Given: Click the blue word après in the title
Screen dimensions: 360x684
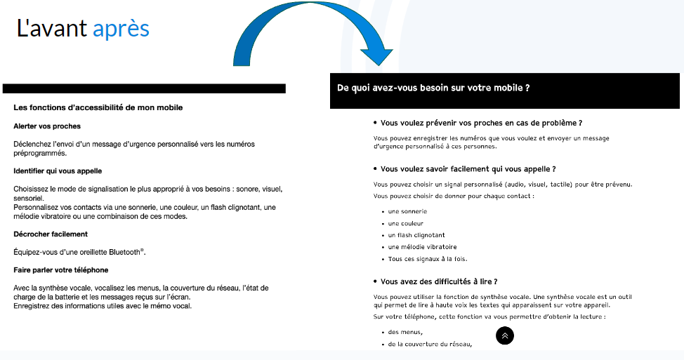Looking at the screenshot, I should [x=121, y=28].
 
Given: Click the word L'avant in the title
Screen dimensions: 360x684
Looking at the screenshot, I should [x=52, y=28].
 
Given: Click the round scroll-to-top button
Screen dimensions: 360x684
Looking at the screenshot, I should [x=505, y=336].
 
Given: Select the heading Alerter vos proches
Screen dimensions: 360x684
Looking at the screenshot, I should [x=47, y=126].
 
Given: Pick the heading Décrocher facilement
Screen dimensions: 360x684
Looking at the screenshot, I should [x=51, y=234].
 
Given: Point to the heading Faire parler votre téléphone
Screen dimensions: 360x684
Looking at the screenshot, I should [x=61, y=269].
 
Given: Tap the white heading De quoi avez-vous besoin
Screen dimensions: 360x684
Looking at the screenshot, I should [x=433, y=88].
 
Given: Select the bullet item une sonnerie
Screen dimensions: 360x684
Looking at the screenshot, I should [x=407, y=211].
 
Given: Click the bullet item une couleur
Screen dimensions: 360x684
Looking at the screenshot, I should [x=406, y=223].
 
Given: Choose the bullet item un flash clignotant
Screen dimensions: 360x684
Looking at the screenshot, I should [x=416, y=235].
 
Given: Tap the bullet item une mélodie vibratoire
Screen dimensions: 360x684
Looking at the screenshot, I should [x=422, y=247].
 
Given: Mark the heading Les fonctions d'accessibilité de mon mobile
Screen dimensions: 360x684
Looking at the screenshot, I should [x=98, y=107].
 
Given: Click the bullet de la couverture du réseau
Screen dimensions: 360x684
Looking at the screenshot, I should [x=430, y=344].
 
